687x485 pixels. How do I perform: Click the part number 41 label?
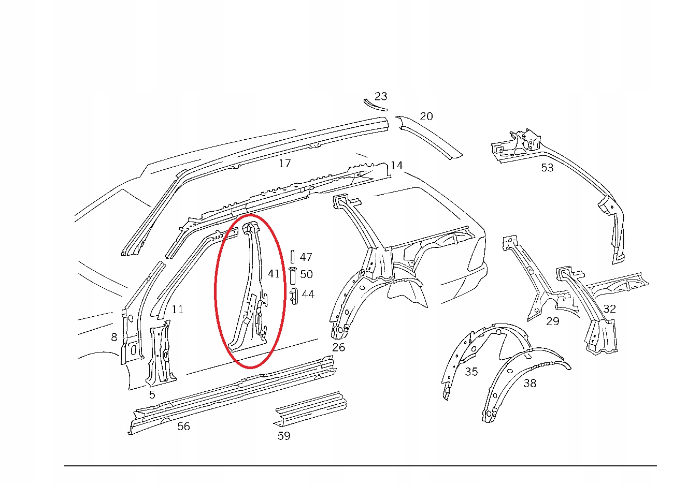point(274,273)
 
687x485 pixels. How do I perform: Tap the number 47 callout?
point(306,257)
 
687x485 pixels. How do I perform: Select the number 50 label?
point(306,274)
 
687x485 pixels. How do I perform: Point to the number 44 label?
point(308,294)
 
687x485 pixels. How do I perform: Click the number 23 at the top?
point(381,96)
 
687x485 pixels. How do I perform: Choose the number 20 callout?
point(426,116)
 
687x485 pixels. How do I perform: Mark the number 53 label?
point(547,168)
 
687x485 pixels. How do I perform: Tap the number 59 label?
point(284,436)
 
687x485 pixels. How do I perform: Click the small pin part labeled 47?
point(292,257)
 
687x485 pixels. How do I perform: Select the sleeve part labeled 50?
point(292,275)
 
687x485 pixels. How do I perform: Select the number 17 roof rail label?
point(284,164)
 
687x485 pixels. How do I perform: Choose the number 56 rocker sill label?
point(183,427)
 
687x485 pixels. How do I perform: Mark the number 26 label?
point(338,347)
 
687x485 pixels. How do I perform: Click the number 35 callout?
point(471,372)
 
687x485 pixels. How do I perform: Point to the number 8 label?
point(115,337)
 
